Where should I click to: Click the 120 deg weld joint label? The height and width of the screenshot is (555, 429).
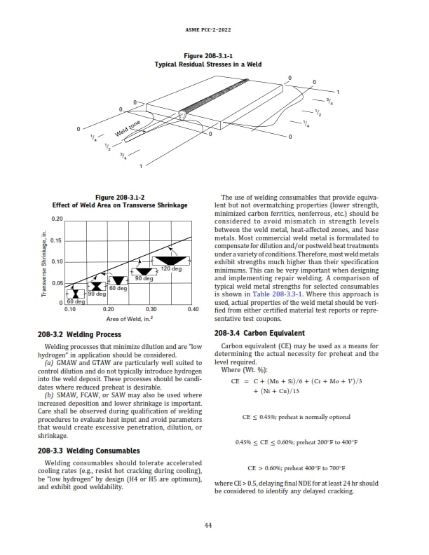(x=172, y=269)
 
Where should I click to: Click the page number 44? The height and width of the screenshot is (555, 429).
(x=208, y=527)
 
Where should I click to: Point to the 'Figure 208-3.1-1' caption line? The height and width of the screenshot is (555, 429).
(x=208, y=55)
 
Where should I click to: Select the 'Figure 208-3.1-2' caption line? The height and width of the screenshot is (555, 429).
(x=120, y=197)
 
